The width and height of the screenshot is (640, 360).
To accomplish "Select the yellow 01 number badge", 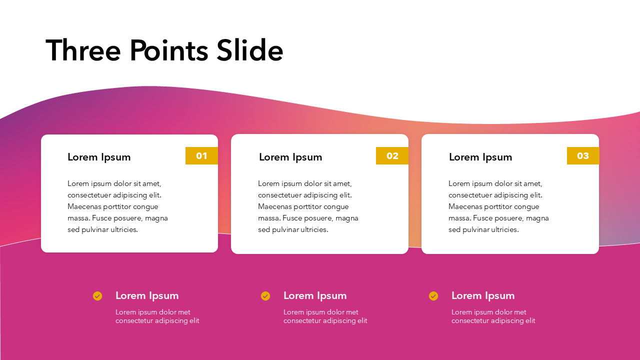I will click(x=201, y=156).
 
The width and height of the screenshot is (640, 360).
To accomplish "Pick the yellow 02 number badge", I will click(x=392, y=156).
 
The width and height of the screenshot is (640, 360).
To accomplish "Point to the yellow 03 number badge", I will click(x=583, y=156).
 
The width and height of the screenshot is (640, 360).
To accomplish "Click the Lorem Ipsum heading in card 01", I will click(x=99, y=157).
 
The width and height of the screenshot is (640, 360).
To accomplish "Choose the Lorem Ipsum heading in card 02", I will click(x=290, y=157).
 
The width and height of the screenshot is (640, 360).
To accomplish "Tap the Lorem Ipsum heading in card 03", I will click(x=480, y=157).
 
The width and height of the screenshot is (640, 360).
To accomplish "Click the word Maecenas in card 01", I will click(x=85, y=206).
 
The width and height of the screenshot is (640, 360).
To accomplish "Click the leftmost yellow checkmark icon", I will click(x=97, y=296).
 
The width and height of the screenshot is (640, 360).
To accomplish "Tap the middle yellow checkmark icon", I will click(x=265, y=296).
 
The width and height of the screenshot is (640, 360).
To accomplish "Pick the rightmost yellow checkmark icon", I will click(x=433, y=296).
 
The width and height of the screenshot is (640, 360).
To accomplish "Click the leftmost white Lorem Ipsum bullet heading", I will click(x=147, y=295).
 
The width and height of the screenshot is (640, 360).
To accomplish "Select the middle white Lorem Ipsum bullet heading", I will click(x=315, y=295).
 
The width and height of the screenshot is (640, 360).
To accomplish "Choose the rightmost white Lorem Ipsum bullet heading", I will click(x=483, y=295).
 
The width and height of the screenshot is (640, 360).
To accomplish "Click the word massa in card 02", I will click(x=269, y=218).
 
